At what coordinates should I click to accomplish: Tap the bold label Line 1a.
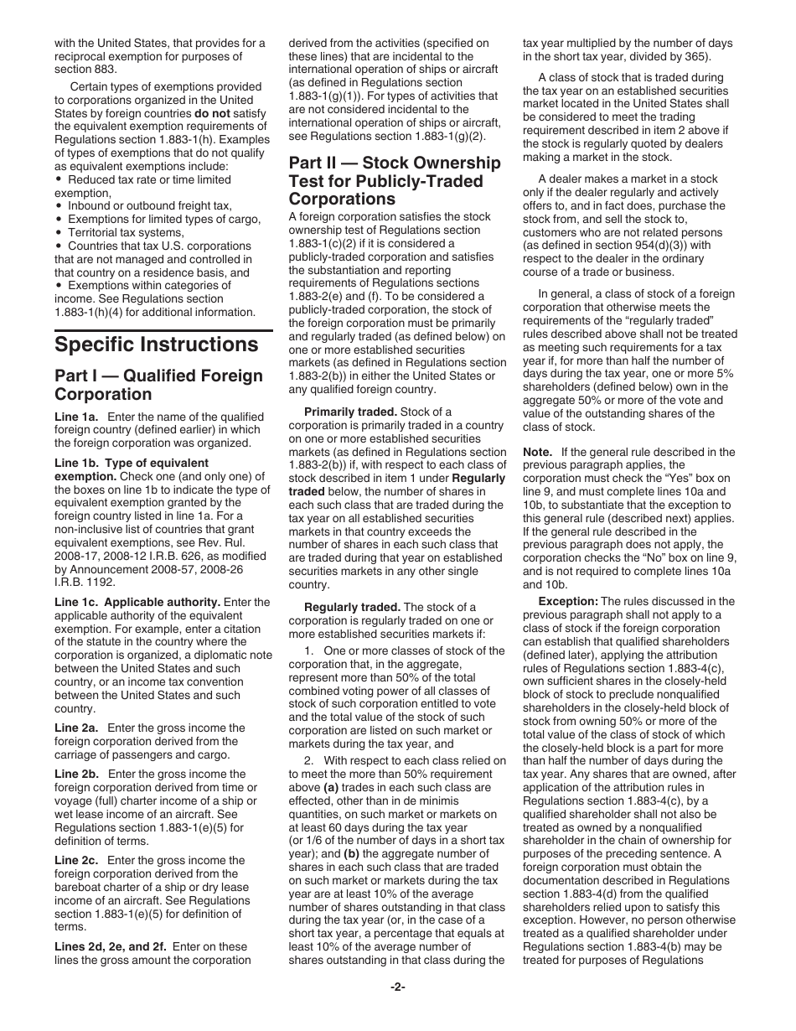tap(76, 417)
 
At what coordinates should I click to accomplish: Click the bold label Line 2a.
tap(76, 728)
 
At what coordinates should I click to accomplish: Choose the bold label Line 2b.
tap(76, 775)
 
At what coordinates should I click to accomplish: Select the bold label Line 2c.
tap(76, 861)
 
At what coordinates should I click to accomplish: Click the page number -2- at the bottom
tap(397, 987)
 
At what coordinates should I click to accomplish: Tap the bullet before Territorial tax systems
tap(59, 232)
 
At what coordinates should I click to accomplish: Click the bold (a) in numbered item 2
tap(333, 788)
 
